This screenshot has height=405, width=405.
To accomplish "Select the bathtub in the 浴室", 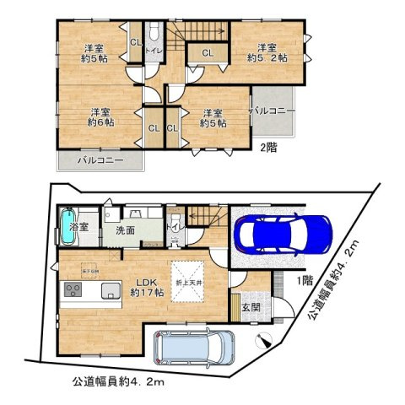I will click(68, 229).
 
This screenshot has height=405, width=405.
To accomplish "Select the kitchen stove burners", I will click(72, 292).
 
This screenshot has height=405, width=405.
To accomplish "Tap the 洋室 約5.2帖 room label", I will click(267, 52).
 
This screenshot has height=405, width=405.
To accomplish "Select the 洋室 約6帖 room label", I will click(103, 116).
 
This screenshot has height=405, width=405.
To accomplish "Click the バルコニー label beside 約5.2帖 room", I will click(272, 111).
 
